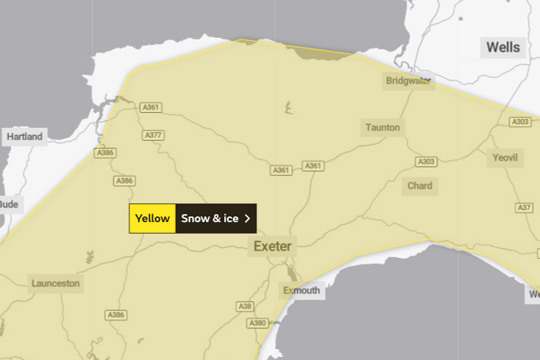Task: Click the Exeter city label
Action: click(273, 246)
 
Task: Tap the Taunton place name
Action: click(383, 127)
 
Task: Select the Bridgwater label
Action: click(408, 80)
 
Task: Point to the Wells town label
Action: click(503, 48)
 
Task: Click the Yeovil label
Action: click(505, 157)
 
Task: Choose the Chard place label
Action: click(420, 185)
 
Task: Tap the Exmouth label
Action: click(301, 290)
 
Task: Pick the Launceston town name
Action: click(55, 283)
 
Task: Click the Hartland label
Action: click(24, 137)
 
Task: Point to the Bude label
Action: click(9, 204)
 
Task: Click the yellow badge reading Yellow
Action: click(152, 218)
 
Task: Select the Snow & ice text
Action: click(210, 218)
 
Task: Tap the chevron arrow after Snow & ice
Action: click(248, 218)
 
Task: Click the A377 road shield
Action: click(153, 135)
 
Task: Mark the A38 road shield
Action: click(246, 306)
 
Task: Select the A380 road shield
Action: click(258, 323)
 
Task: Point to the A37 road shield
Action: click(524, 208)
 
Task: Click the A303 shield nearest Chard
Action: click(426, 162)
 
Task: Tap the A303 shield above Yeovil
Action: click(521, 122)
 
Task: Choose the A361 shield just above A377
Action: click(151, 108)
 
